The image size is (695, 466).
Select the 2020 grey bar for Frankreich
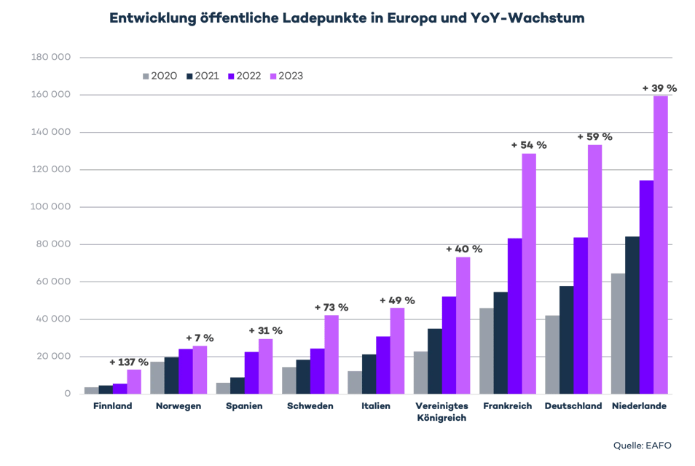487,351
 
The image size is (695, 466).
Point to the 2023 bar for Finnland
133,381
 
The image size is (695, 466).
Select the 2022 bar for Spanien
251,373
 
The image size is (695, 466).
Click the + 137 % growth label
128,362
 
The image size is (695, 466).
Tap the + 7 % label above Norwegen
200,338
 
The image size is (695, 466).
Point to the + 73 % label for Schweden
331,308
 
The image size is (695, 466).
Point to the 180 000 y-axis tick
51,58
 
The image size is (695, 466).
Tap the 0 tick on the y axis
67,395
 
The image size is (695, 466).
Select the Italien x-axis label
375,406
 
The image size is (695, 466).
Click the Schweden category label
310,406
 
